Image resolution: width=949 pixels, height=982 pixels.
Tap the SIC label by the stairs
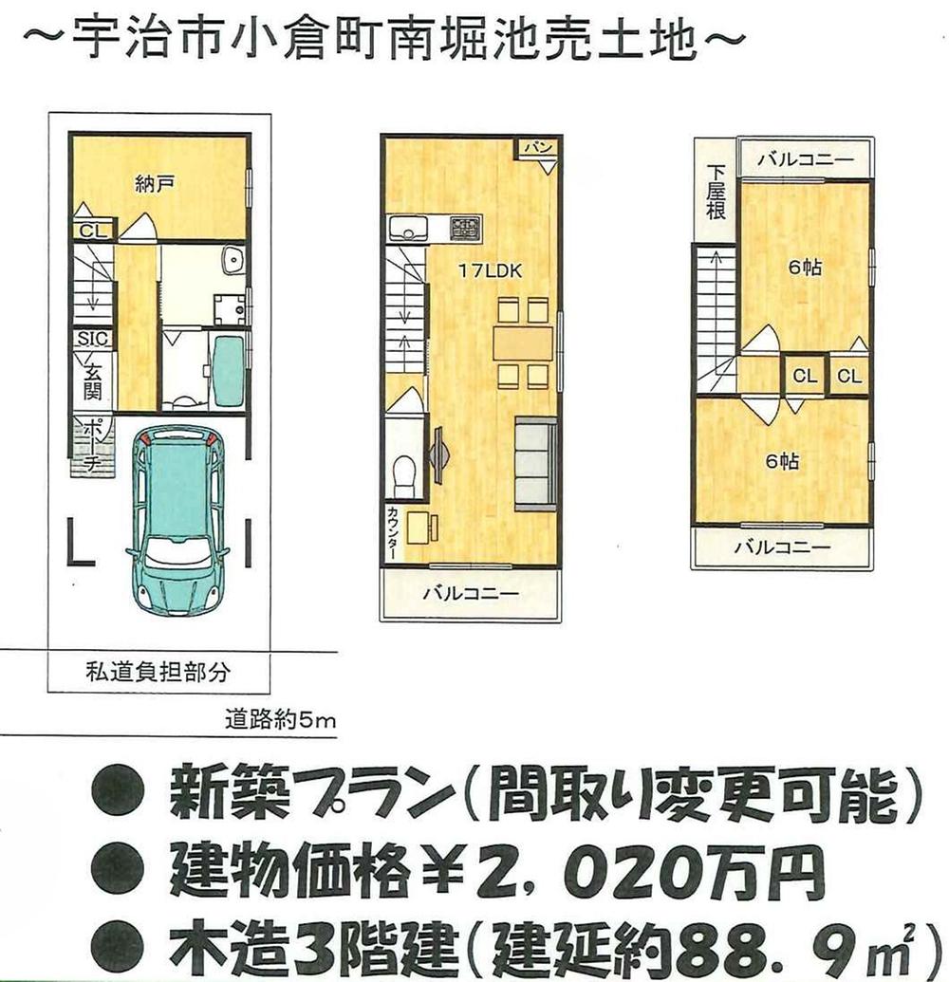[93, 339]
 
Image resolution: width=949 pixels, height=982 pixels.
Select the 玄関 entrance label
[93, 379]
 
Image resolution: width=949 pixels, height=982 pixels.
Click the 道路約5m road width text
[280, 718]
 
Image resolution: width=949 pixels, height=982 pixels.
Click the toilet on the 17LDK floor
[404, 472]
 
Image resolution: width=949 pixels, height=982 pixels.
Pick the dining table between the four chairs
[522, 343]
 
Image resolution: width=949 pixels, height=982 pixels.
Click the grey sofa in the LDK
[535, 462]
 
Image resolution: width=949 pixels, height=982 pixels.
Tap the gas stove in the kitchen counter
[465, 227]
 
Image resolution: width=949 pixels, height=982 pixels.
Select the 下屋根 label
[716, 193]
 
